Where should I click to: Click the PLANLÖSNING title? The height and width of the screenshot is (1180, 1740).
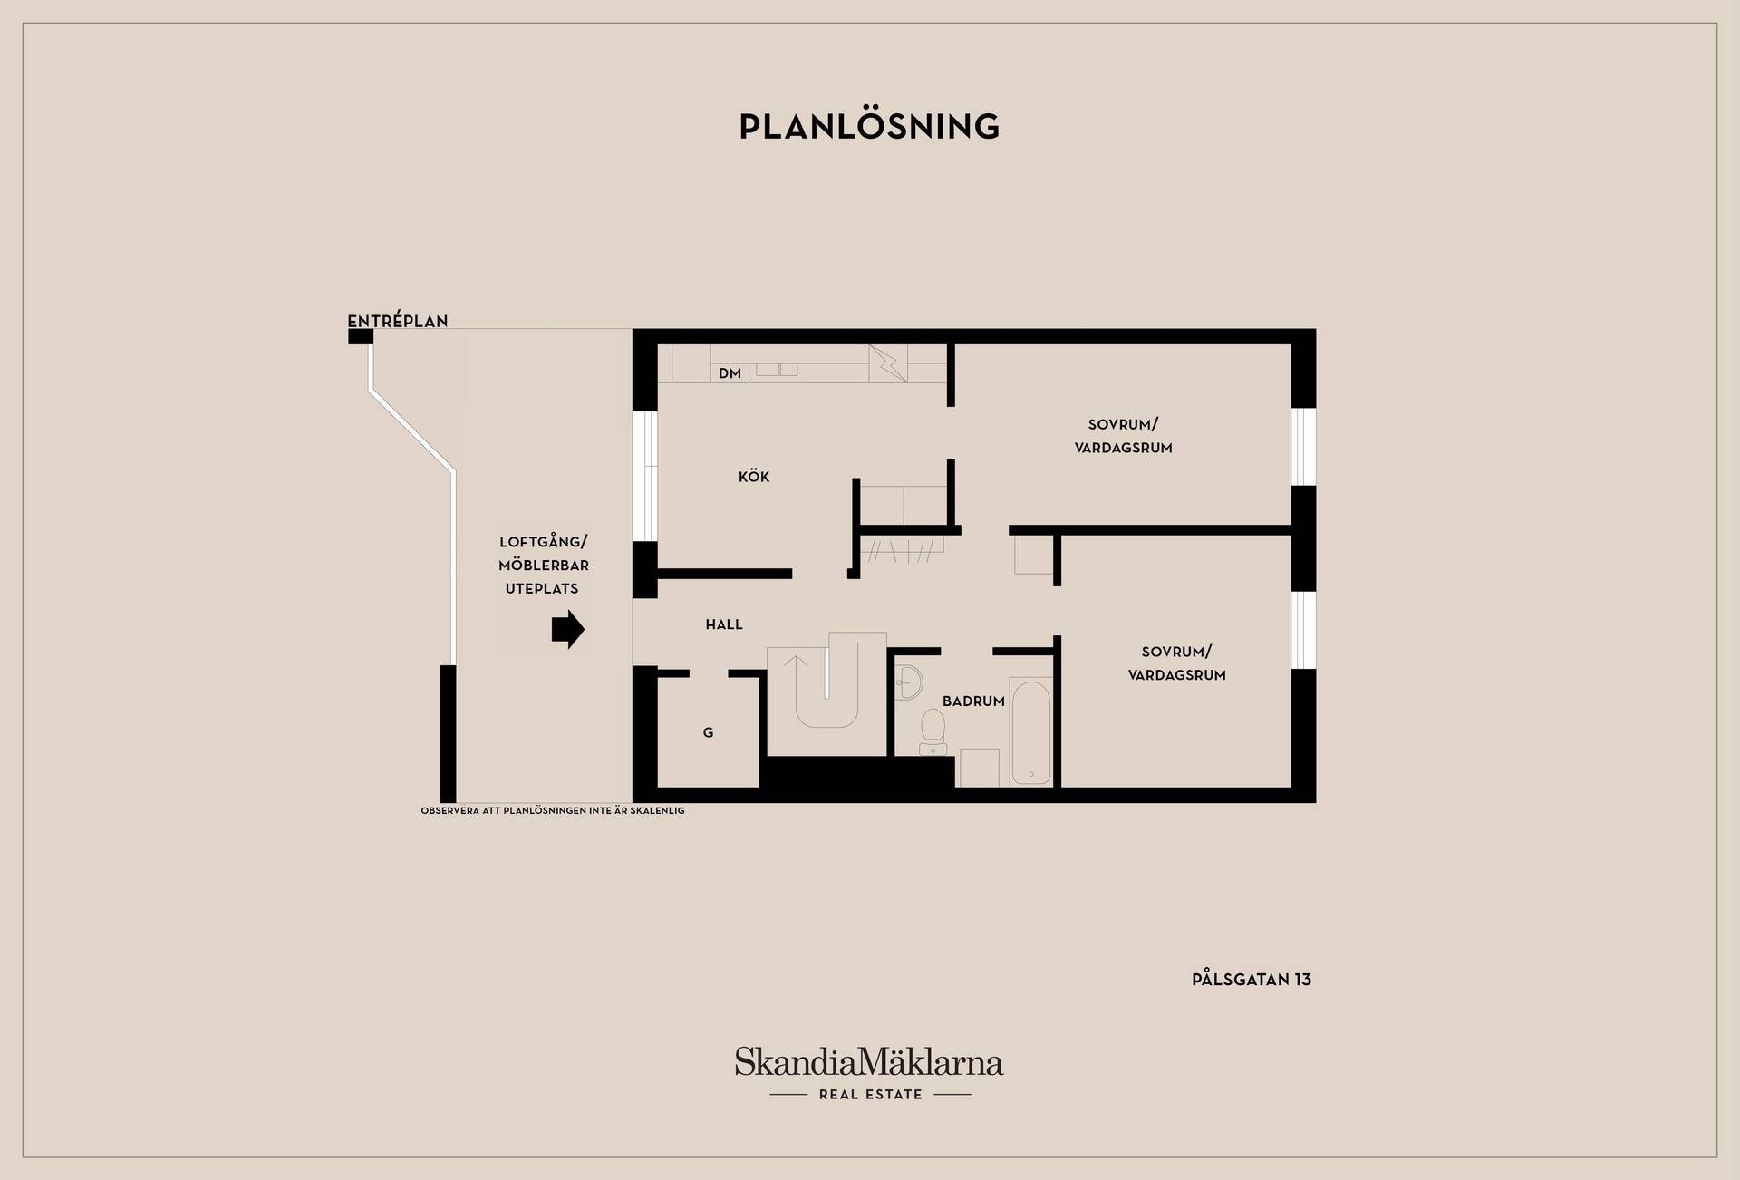[869, 126]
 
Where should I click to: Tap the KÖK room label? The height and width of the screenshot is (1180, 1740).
[754, 477]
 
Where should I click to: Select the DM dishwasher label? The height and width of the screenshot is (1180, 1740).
[730, 373]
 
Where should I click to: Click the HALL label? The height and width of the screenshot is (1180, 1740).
[724, 624]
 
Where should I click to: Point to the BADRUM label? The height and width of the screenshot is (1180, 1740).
[973, 701]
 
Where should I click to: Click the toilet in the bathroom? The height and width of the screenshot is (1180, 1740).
[933, 731]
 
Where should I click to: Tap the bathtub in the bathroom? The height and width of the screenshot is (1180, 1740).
[1030, 732]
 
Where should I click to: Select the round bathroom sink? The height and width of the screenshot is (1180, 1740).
[906, 682]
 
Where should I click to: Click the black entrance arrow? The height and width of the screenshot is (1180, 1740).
[568, 629]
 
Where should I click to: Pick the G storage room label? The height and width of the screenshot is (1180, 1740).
[709, 732]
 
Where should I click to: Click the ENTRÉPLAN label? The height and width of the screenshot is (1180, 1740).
[398, 321]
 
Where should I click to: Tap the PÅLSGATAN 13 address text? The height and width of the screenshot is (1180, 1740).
[1252, 979]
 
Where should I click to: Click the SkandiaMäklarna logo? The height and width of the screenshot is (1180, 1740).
[869, 1061]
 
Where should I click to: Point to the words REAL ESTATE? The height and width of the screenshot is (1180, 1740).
[870, 1095]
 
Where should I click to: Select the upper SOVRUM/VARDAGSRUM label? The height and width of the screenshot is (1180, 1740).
[1124, 436]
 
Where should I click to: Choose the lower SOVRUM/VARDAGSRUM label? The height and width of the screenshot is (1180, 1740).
[1176, 663]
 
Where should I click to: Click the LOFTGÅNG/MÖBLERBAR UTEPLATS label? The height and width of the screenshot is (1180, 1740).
[543, 565]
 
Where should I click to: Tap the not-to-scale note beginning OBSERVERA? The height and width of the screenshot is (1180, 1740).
[553, 811]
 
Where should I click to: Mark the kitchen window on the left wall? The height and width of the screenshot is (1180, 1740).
[645, 477]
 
